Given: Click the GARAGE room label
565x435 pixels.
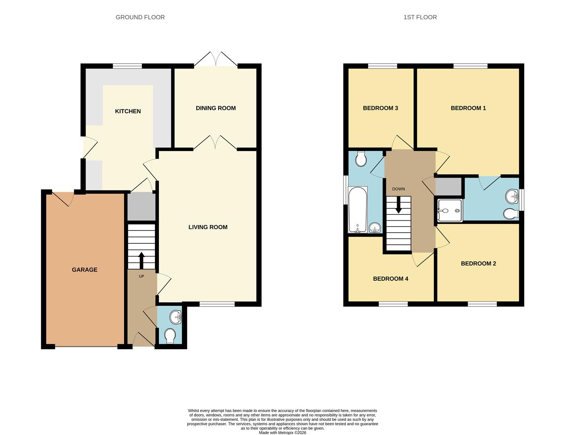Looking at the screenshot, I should click(84, 270).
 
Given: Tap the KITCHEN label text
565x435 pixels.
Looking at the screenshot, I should click(128, 111).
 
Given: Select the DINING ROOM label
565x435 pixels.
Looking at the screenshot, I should click(216, 108).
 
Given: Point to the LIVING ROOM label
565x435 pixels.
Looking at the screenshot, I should click(208, 227).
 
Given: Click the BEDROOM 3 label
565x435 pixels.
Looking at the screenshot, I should click(380, 108).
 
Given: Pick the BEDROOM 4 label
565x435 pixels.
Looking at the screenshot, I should click(390, 279).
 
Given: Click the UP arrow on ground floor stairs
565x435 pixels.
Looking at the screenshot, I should click(141, 260).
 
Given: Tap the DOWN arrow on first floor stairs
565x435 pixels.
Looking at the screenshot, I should click(398, 205).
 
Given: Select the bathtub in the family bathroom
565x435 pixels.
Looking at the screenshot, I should click(358, 209).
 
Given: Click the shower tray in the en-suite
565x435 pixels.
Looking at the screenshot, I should click(449, 211).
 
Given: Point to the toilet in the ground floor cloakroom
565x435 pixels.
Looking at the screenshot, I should click(170, 336).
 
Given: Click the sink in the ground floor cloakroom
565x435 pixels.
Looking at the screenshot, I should click(176, 317).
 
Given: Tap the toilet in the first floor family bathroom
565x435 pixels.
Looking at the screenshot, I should click(361, 159).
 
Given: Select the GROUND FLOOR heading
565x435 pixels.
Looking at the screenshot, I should click(140, 17).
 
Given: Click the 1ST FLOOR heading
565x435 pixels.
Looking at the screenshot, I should click(420, 17).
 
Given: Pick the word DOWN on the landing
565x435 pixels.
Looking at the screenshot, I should click(398, 189).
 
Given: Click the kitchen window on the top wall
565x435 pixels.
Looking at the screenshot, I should click(127, 66).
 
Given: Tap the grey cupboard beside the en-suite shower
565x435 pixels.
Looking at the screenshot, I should click(448, 186).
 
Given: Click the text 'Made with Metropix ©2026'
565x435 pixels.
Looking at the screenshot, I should click(282, 433).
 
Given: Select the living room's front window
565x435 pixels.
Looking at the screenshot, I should click(217, 304).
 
